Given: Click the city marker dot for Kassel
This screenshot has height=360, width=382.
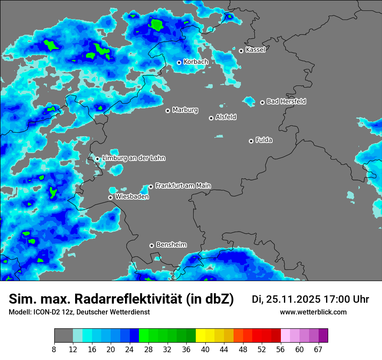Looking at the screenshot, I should point(241,51).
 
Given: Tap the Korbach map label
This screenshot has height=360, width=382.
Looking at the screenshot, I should point(196,62).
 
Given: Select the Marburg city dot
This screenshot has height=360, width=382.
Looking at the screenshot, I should point(168,111).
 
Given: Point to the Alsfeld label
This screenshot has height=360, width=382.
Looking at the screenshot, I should point(226,117).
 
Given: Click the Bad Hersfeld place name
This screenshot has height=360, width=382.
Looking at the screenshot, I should point(286,101).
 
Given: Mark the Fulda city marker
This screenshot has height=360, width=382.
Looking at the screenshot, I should point(251,141).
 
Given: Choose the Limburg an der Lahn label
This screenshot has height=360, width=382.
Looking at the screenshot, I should point(133,158).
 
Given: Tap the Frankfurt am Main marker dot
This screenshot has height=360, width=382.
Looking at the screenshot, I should point(151,187).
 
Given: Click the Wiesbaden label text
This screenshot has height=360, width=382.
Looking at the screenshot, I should point(132,197).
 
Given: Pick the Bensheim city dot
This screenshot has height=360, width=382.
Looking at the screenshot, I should point(151,245).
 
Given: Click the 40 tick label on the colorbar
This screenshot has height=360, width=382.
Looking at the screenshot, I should point(205,350).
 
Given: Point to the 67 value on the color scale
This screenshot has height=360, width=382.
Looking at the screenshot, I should point(318,350).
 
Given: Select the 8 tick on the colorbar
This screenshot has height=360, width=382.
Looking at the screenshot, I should point(54,350).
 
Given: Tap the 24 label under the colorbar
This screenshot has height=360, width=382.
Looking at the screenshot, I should point(130,350).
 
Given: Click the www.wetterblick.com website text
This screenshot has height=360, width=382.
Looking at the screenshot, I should point(313,312).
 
